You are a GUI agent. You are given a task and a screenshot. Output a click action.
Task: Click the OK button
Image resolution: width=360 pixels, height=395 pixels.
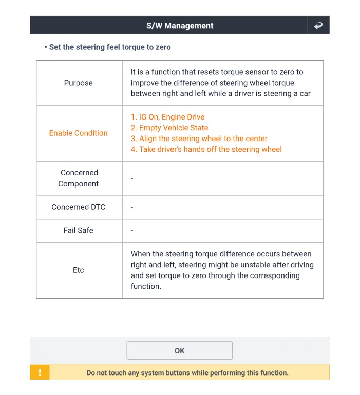[x=179, y=351]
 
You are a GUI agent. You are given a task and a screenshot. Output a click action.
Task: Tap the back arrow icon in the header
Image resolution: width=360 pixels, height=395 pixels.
[x=318, y=25]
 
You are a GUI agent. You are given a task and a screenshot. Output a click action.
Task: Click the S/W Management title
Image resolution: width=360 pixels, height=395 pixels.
[x=180, y=26]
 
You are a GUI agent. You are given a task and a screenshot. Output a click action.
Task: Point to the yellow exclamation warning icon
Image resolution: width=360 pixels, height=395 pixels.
[x=40, y=372]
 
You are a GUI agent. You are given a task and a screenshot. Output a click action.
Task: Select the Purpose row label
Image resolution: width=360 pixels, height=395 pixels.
[x=79, y=83]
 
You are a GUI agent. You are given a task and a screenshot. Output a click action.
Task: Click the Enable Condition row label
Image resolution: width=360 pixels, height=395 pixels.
[x=79, y=133]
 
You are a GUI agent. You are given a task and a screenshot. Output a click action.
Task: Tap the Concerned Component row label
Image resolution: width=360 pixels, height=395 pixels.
[x=79, y=178]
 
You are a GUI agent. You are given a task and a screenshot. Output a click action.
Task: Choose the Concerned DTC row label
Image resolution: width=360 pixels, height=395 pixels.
[x=79, y=207]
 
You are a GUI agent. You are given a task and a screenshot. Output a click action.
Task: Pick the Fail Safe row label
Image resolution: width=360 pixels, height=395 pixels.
[x=79, y=231]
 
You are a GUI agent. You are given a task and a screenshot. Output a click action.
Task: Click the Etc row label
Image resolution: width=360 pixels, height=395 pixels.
[x=79, y=270]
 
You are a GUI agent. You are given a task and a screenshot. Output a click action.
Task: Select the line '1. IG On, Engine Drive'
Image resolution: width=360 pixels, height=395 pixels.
[x=167, y=117]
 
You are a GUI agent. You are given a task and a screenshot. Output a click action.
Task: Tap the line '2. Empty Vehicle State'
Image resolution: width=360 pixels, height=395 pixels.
[x=169, y=128]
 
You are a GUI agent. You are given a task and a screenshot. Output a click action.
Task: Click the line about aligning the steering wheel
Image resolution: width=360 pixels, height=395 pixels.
[x=199, y=139]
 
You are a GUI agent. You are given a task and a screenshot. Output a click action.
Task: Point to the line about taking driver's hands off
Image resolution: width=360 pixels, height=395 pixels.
[x=206, y=149]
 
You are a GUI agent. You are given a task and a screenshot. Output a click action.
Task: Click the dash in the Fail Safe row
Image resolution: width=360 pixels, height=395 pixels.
[x=132, y=231]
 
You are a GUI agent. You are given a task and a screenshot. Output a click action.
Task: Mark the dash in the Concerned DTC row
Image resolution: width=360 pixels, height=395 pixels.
[x=132, y=207]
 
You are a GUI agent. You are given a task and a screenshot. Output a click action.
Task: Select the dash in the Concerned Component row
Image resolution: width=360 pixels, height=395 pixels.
[x=132, y=178]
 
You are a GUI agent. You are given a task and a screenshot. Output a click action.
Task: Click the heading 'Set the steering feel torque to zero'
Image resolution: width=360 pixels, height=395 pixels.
[x=110, y=47]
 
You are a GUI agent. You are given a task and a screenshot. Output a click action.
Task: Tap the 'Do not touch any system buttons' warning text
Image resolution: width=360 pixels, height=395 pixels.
[x=187, y=373]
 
